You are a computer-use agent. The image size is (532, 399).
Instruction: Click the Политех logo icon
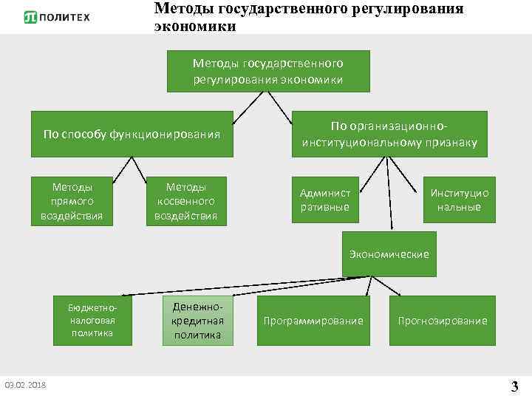30,17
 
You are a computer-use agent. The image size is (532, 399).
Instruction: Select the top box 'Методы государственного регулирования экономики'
268,71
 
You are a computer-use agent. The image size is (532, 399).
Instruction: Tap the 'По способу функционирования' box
132,134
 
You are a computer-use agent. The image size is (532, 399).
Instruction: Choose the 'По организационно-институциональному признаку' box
389,134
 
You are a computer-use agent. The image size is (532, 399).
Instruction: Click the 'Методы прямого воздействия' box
72,200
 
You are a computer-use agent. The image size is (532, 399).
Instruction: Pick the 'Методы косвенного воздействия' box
185,200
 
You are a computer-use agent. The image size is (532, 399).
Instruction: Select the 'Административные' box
325,200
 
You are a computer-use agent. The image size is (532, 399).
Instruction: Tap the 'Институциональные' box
459,200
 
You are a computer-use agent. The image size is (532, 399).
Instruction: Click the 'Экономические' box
389,253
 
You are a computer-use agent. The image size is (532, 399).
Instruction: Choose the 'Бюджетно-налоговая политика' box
92,321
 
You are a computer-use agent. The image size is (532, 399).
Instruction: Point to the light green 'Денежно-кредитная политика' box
197,321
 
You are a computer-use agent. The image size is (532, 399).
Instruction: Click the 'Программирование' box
313,321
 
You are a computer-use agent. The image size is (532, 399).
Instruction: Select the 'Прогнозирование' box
443,321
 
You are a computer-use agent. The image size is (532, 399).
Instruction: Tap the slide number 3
514,385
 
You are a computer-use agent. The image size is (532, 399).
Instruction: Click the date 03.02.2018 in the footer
24,385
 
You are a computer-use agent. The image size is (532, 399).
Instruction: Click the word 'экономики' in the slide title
195,27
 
